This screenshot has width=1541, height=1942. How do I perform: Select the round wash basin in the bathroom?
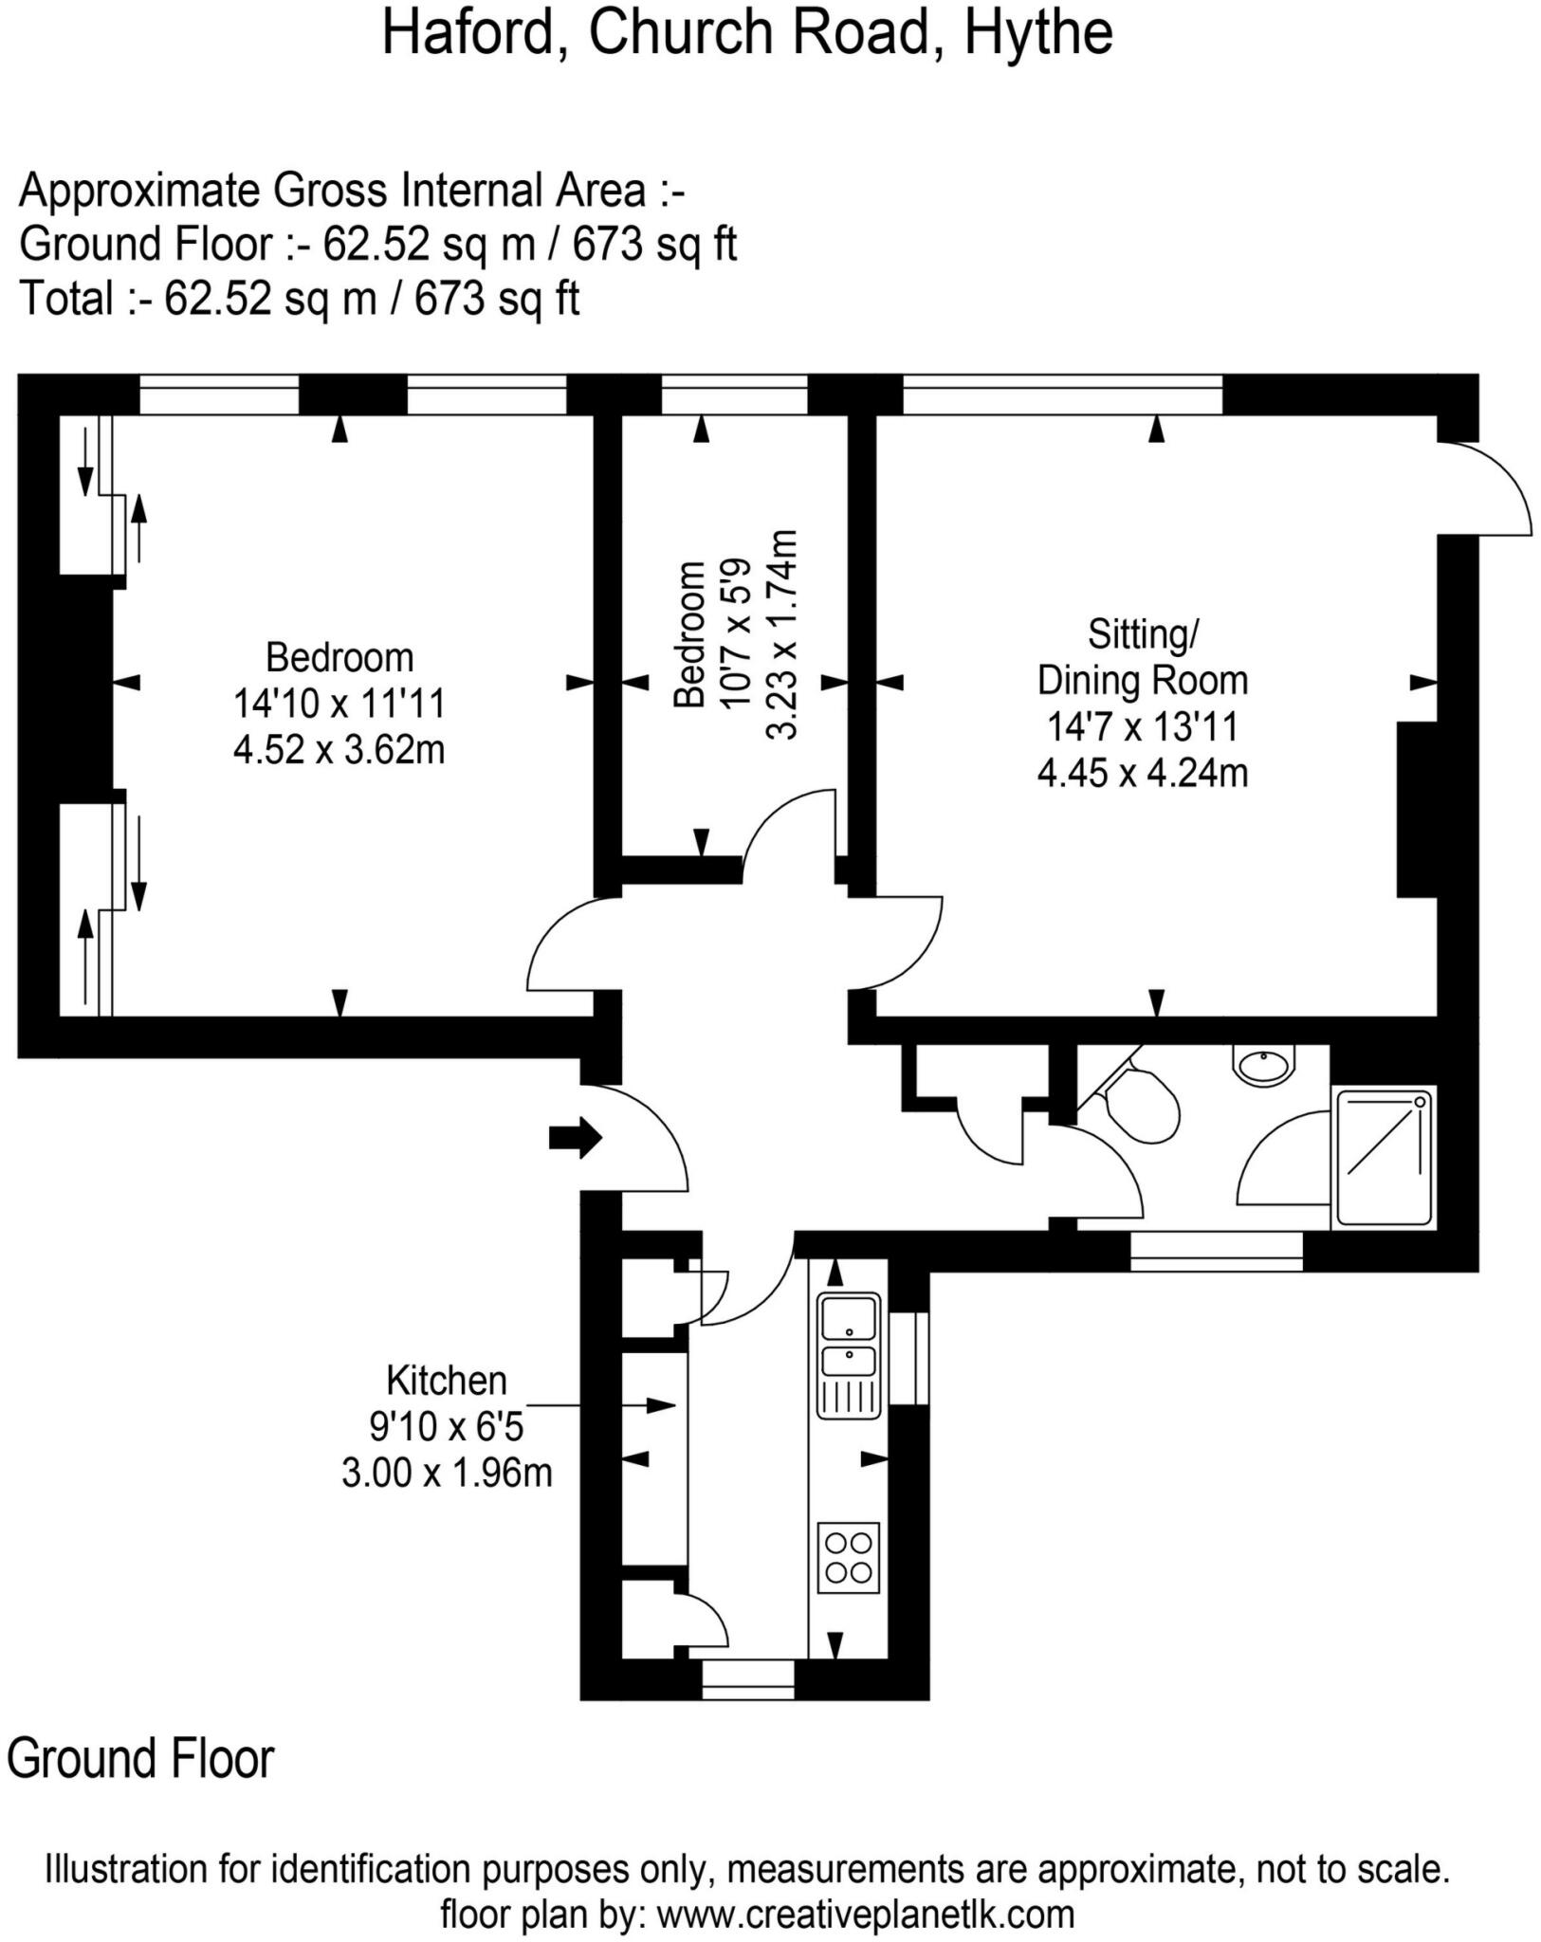pyautogui.click(x=1264, y=1065)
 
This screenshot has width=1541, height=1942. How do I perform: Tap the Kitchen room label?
pyautogui.click(x=447, y=1381)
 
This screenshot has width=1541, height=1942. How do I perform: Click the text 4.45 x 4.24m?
pyautogui.click(x=1142, y=774)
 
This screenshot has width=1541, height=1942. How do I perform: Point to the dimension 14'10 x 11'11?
pyautogui.click(x=339, y=704)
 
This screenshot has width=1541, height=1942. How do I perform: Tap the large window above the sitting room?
pyautogui.click(x=1062, y=394)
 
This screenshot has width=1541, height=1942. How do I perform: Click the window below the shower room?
pyautogui.click(x=1216, y=1251)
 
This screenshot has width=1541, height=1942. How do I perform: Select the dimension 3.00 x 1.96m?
pyautogui.click(x=447, y=1474)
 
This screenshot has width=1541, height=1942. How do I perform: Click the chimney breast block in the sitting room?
pyautogui.click(x=1417, y=809)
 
